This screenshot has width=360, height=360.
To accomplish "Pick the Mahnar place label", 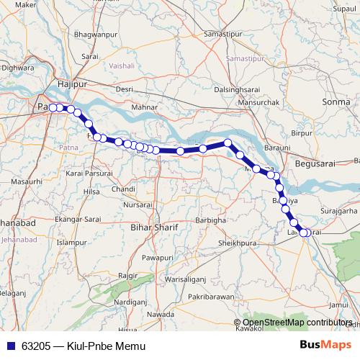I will coord(164,108).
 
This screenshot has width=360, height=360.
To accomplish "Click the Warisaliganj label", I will coord(185,278).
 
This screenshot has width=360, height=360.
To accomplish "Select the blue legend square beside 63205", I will coord(10,346).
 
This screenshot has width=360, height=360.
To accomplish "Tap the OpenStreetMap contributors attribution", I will coord(296,323).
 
